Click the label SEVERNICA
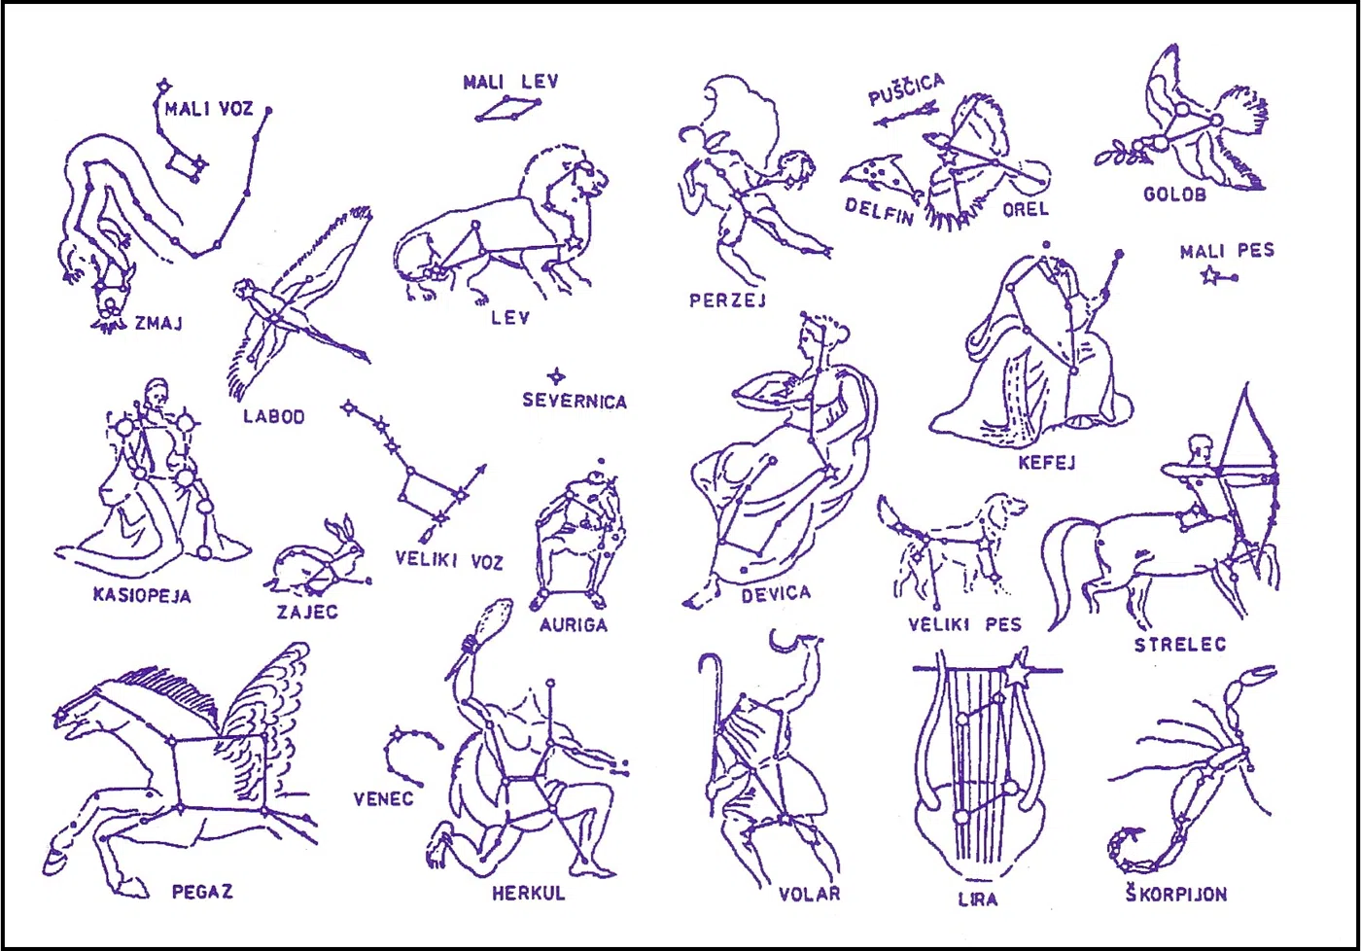(575, 401)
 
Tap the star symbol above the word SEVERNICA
(555, 376)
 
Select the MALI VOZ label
(209, 109)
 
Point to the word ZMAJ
(159, 323)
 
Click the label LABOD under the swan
(274, 416)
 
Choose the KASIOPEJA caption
(142, 595)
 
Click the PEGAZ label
(202, 892)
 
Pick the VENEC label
(383, 798)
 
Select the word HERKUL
(529, 893)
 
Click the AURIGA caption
(574, 624)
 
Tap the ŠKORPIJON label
(1175, 894)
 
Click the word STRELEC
(1180, 644)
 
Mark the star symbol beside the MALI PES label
(1210, 276)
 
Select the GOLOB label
(1175, 194)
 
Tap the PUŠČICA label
(906, 89)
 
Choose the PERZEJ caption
(727, 300)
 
